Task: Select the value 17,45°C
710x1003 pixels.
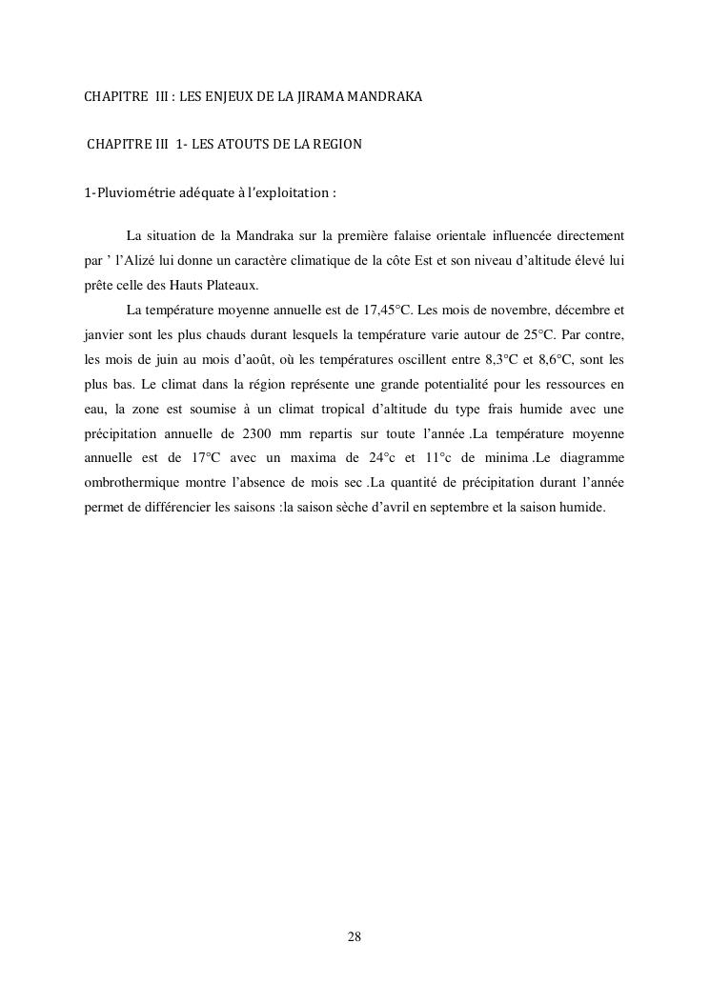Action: tap(389, 311)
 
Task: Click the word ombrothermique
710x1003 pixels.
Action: tap(126, 484)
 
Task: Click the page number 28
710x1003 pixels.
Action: tap(355, 937)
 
